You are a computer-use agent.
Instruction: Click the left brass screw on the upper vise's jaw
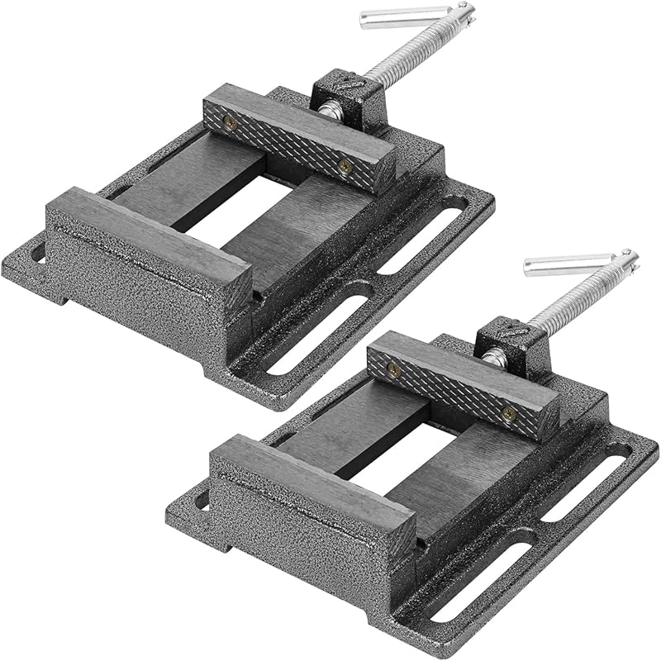[231, 123]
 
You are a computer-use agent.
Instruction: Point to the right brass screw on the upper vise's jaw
[346, 166]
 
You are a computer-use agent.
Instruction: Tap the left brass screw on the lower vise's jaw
[393, 369]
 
